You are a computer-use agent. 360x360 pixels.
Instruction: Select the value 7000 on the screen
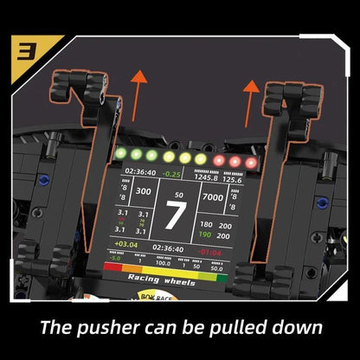click(213, 197)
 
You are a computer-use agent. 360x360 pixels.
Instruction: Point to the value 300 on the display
click(143, 192)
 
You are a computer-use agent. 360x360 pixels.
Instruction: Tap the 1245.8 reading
click(206, 179)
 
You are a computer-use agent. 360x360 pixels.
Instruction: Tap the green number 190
click(204, 234)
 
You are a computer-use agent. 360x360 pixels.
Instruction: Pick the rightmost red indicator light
click(251, 162)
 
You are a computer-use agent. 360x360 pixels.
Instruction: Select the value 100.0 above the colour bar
click(163, 261)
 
